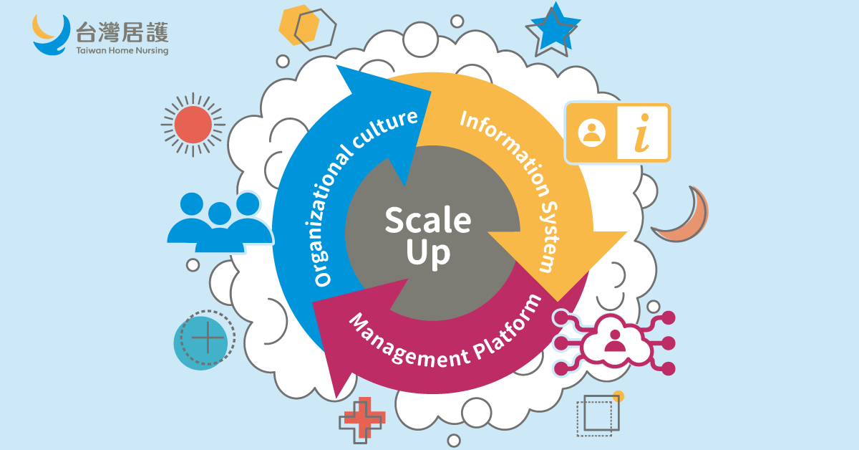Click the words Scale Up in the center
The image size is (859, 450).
(429, 236)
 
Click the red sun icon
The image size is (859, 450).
(193, 124)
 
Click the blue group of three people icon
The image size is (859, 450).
(219, 221)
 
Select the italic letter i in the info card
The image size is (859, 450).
(643, 133)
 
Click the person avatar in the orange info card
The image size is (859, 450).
(592, 133)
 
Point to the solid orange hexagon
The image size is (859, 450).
(299, 26)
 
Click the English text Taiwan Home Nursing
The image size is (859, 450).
(122, 51)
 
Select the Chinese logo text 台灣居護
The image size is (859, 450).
(122, 31)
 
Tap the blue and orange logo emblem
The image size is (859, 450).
(52, 34)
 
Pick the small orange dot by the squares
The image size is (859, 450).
(618, 396)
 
